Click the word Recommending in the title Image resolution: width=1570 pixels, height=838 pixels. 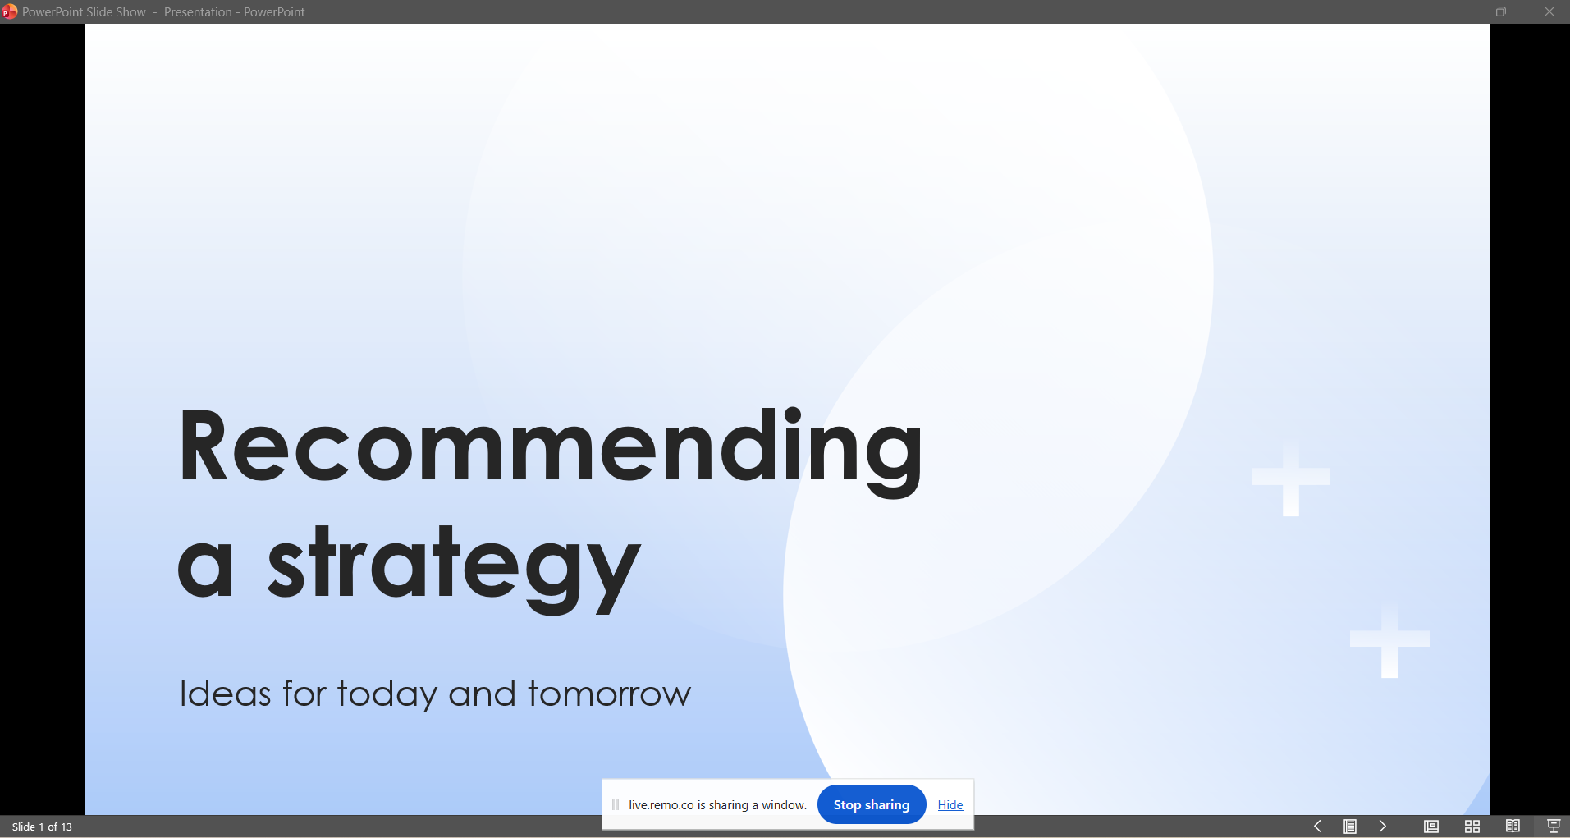tap(551, 450)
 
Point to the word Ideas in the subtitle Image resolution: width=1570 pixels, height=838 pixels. tap(225, 694)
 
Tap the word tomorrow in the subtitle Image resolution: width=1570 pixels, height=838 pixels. tap(610, 694)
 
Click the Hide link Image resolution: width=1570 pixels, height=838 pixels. tap(950, 805)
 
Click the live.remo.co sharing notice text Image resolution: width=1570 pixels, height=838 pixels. tap(718, 805)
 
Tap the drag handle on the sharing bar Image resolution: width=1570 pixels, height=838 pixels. tap(616, 804)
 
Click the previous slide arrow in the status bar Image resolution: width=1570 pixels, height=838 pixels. tap(1317, 827)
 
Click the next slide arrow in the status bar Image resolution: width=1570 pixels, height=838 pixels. tap(1383, 827)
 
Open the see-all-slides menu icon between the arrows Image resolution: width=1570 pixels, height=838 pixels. tap(1350, 827)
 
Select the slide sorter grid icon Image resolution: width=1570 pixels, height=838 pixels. tap(1472, 827)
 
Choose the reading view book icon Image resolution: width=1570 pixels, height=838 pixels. tap(1513, 827)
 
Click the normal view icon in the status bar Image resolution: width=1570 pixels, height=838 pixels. tap(1431, 827)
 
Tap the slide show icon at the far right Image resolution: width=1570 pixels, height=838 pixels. tap(1554, 827)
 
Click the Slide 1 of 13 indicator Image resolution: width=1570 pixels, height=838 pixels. tap(42, 827)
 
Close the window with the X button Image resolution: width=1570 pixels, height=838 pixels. tap(1549, 11)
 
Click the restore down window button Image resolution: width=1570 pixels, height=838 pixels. tap(1501, 11)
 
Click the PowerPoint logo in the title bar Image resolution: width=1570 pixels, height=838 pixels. tap(10, 11)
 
